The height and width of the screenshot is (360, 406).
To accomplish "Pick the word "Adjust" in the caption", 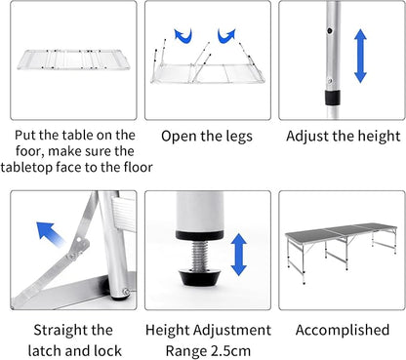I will click(x=311, y=137).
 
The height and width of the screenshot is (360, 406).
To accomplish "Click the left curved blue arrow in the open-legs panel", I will click(x=183, y=36).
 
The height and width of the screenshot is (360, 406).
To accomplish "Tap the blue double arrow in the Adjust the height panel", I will click(x=360, y=55).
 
